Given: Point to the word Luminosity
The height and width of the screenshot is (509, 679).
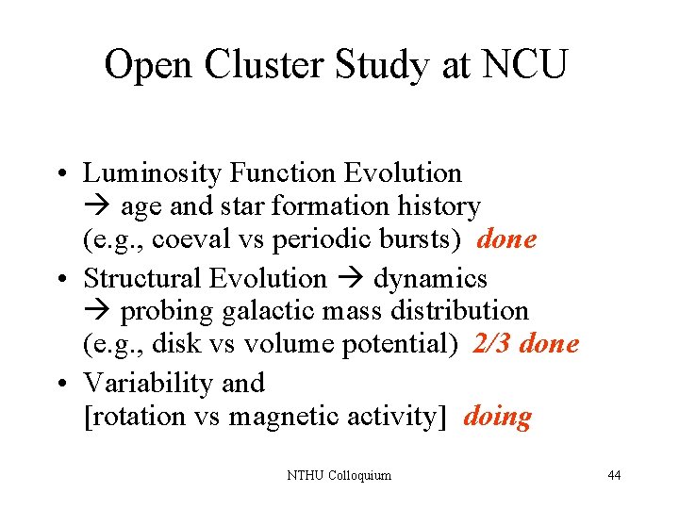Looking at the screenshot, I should pyautogui.click(x=152, y=173).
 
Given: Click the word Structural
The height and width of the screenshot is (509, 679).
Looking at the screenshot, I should pyautogui.click(x=141, y=278).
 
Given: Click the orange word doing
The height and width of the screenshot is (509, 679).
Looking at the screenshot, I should pyautogui.click(x=497, y=417).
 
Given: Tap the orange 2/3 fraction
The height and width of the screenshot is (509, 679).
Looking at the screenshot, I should pyautogui.click(x=492, y=344).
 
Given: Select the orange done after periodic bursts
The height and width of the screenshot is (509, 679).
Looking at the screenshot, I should pyautogui.click(x=507, y=239).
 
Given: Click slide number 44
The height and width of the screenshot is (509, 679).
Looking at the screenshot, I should pyautogui.click(x=614, y=475).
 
